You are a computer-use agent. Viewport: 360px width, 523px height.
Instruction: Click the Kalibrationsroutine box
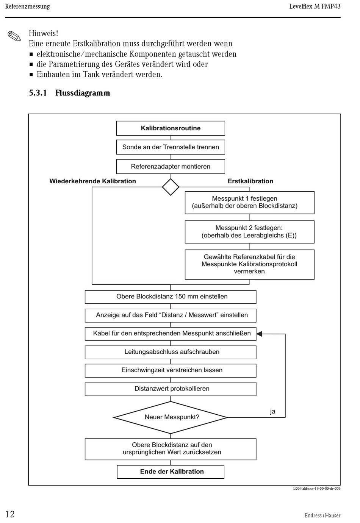pyautogui.click(x=171, y=128)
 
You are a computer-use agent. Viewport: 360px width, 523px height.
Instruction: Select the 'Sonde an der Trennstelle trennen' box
pyautogui.click(x=171, y=147)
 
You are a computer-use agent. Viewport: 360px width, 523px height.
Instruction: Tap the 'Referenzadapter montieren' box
pyautogui.click(x=171, y=167)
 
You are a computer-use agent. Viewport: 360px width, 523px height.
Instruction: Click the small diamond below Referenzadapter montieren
pyautogui.click(x=171, y=187)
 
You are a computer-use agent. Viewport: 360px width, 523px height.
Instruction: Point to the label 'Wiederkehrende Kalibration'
pyautogui.click(x=92, y=181)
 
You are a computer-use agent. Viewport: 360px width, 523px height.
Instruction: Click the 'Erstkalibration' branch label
pyautogui.click(x=250, y=181)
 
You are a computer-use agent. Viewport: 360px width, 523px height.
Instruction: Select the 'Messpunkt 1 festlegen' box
pyautogui.click(x=249, y=203)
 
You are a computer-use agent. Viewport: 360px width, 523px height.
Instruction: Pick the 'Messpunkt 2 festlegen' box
pyautogui.click(x=249, y=232)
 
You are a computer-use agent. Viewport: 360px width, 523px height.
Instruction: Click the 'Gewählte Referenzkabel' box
pyautogui.click(x=249, y=265)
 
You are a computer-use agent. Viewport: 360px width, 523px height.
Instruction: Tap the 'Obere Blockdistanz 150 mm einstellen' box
pyautogui.click(x=171, y=297)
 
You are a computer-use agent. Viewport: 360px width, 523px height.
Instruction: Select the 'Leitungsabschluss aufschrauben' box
pyautogui.click(x=171, y=352)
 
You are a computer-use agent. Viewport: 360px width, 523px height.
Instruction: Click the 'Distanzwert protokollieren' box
pyautogui.click(x=171, y=389)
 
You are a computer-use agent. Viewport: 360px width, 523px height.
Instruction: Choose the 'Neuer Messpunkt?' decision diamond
pyautogui.click(x=171, y=417)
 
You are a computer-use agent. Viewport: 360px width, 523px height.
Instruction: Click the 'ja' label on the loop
pyautogui.click(x=272, y=411)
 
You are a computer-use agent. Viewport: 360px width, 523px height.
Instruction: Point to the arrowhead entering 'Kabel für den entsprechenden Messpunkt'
pyautogui.click(x=259, y=334)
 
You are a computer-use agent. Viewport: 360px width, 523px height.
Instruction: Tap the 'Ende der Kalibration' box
pyautogui.click(x=171, y=472)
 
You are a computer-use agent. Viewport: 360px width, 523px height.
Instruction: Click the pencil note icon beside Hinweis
pyautogui.click(x=14, y=36)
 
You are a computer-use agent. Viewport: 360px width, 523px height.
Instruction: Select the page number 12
pyautogui.click(x=10, y=514)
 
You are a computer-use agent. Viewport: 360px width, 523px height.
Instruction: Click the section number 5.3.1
pyautogui.click(x=38, y=93)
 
